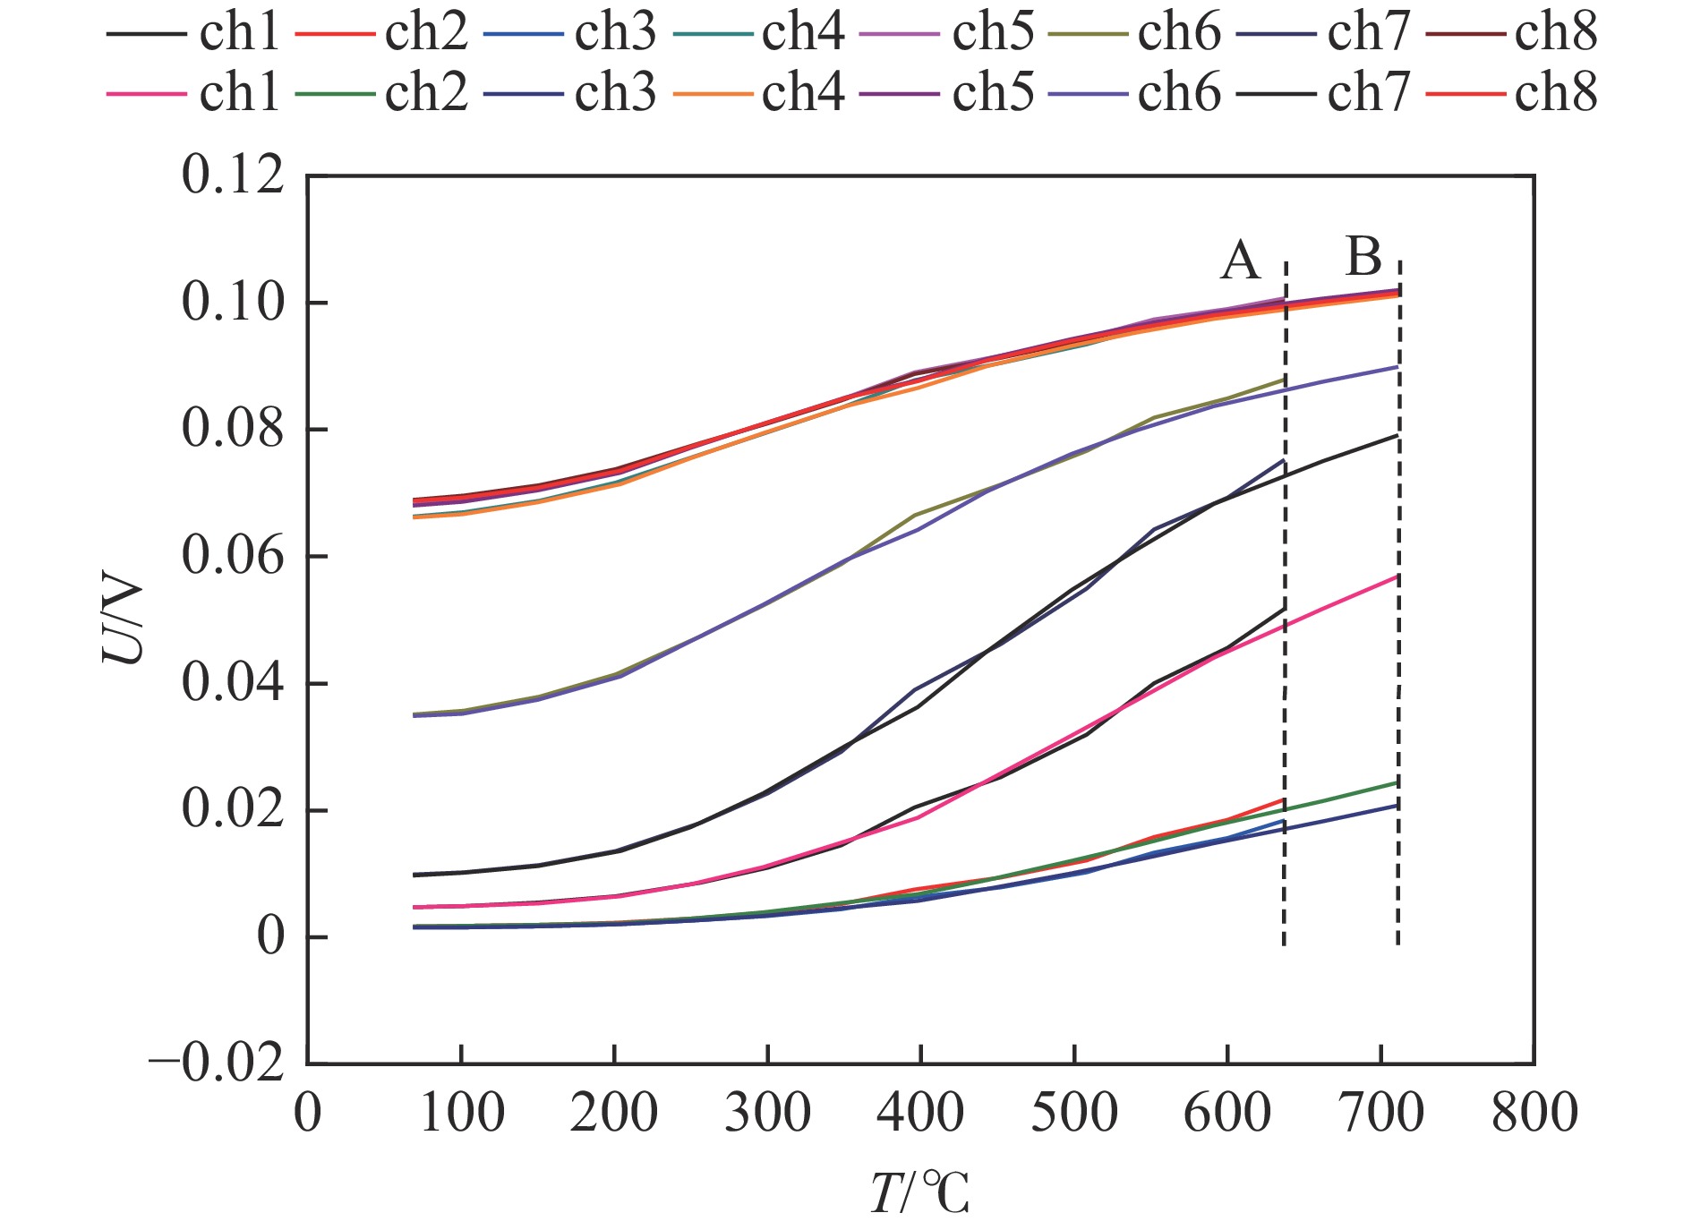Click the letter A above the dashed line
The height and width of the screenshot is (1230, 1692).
[x=1240, y=261]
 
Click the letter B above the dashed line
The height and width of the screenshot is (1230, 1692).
[x=1363, y=257]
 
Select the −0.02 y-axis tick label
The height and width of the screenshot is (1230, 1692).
[x=217, y=1064]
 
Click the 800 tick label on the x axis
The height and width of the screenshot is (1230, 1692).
[x=1534, y=1114]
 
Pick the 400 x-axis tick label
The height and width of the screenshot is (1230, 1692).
[x=920, y=1114]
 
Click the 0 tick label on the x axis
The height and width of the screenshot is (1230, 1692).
[x=307, y=1114]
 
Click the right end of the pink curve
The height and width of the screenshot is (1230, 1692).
[x=1397, y=576]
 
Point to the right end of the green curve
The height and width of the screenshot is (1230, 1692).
[x=1397, y=782]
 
